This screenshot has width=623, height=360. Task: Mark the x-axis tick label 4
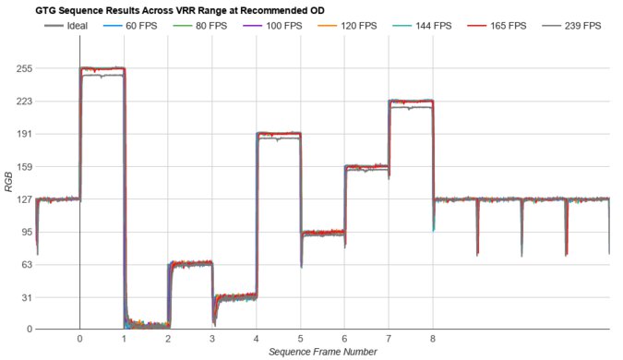(x=257, y=339)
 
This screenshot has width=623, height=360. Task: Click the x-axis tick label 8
(x=433, y=339)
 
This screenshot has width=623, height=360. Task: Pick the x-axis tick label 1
(x=125, y=339)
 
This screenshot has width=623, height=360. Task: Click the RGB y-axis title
(x=8, y=185)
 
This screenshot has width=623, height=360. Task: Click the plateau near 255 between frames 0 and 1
(x=102, y=69)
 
